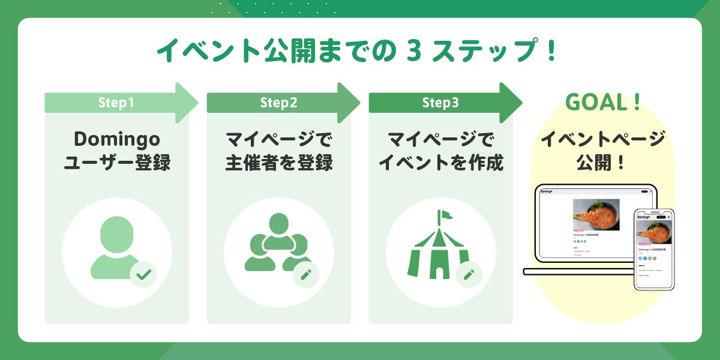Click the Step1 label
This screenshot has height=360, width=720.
tap(116, 103)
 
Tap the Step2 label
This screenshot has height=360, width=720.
tap(278, 103)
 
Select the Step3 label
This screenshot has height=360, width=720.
tap(440, 103)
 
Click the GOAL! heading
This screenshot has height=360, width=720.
tap(603, 103)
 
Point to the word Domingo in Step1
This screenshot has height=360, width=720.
tap(117, 139)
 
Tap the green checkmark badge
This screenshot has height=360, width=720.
tap(143, 275)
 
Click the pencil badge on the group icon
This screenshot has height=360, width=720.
tap(305, 275)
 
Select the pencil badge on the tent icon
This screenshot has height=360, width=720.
tap(469, 275)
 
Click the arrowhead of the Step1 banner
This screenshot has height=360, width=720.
tap(185, 103)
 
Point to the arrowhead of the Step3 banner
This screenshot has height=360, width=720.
tap(509, 103)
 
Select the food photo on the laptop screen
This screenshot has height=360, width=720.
tap(596, 214)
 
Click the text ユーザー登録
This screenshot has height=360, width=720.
tap(117, 162)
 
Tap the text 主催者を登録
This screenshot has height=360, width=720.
tap(278, 162)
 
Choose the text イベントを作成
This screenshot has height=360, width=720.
tap(440, 162)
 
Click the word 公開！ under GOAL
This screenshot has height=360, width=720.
tap(603, 162)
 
